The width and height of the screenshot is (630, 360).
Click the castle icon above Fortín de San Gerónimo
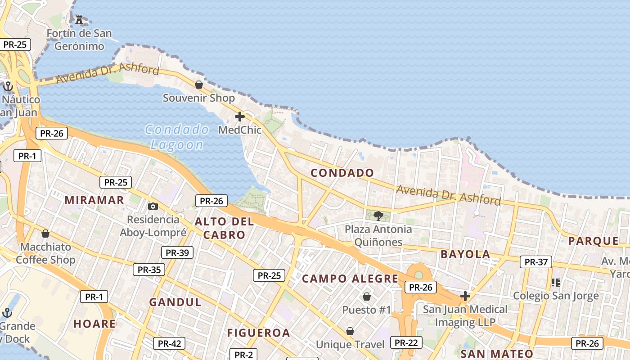click(x=80, y=19)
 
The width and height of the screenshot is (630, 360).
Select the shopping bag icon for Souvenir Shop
click(x=198, y=84)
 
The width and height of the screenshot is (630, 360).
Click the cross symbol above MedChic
click(x=240, y=117)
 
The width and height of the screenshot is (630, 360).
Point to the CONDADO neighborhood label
click(x=342, y=173)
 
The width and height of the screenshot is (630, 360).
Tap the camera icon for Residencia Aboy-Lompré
click(x=153, y=206)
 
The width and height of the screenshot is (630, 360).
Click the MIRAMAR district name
click(x=94, y=200)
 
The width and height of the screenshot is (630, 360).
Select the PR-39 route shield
click(x=177, y=252)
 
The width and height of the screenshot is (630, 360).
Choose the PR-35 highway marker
click(x=149, y=270)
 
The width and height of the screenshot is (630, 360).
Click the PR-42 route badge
click(x=169, y=343)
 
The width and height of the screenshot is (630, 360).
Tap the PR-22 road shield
click(x=406, y=342)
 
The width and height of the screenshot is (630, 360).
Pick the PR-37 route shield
click(x=536, y=262)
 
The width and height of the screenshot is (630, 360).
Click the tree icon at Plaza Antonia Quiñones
click(x=378, y=216)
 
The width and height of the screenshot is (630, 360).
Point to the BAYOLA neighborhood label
click(x=465, y=254)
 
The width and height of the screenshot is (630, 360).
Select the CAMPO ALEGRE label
click(x=350, y=279)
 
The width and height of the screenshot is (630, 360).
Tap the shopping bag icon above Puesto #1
click(x=367, y=297)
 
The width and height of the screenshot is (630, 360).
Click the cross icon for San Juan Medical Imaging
click(x=465, y=296)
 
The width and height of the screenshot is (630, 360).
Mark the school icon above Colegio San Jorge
click(x=556, y=283)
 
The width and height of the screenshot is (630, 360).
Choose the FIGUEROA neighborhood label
click(x=258, y=333)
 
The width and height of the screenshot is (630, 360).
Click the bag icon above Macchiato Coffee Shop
click(x=45, y=234)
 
